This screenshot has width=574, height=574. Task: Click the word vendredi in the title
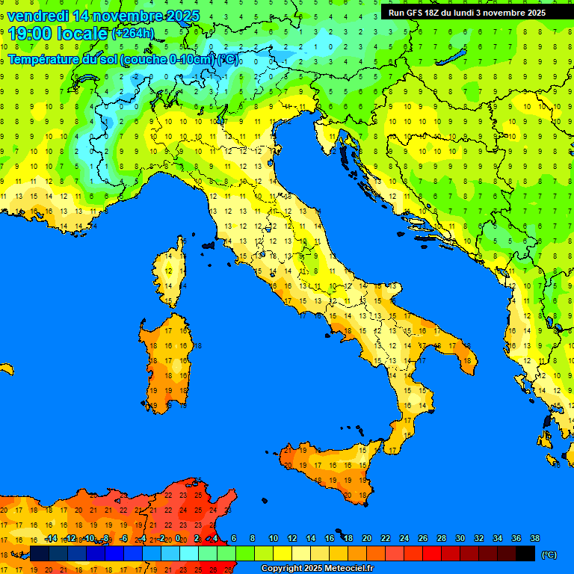pos(37,16)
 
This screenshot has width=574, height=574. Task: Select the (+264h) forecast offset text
pos(133,34)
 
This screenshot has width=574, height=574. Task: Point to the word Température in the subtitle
pos(43,60)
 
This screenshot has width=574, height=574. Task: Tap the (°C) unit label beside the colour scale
pos(549,555)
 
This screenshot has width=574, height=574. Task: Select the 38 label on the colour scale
pos(534,538)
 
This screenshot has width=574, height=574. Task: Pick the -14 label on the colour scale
pos(51,538)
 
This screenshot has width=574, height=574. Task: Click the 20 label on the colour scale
pos(367,538)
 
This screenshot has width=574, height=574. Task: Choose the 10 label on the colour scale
pos(274,538)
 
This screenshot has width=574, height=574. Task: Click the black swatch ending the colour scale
pos(525,554)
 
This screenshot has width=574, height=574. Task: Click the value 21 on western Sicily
pos(288,451)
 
